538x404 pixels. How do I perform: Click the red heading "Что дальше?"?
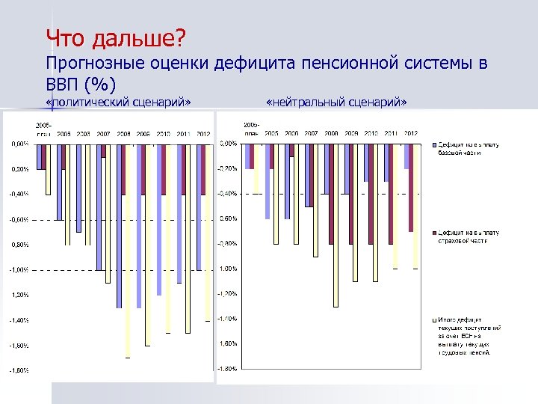pyautogui.click(x=115, y=37)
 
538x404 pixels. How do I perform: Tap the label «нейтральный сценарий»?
pyautogui.click(x=336, y=101)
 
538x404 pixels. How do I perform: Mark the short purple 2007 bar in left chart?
pyautogui.click(x=104, y=150)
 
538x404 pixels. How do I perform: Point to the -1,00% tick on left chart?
pyautogui.click(x=19, y=269)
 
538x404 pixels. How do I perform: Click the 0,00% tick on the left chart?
pyautogui.click(x=19, y=144)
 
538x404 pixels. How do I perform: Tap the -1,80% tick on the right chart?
pyautogui.click(x=227, y=369)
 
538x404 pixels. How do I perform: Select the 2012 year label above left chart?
pyautogui.click(x=202, y=133)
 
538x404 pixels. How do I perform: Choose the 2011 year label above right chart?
pyautogui.click(x=390, y=133)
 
